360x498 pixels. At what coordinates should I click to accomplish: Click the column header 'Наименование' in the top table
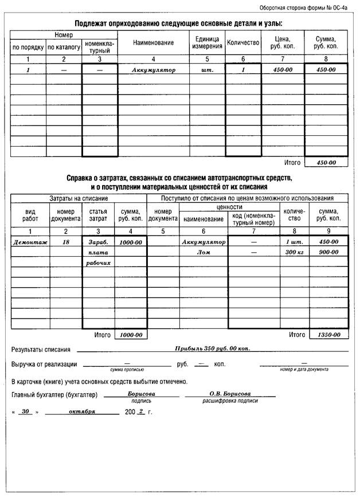153,43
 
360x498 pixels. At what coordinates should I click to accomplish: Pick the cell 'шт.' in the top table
207,69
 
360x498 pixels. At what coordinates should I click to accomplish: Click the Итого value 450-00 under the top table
326,163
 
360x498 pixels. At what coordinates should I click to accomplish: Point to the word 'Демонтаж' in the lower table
29,242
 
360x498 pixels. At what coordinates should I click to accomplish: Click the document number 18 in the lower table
66,242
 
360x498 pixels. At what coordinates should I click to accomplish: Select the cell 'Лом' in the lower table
204,253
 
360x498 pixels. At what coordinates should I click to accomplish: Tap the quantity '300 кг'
294,253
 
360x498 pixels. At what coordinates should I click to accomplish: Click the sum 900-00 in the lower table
328,253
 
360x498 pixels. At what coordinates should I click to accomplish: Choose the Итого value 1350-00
328,335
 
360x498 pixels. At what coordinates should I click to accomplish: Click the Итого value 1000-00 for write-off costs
131,335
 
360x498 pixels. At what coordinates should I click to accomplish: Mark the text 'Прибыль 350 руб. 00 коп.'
212,348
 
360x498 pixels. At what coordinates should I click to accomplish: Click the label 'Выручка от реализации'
44,364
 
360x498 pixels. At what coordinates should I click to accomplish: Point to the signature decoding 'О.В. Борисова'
230,394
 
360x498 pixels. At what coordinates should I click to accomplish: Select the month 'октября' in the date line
82,411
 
